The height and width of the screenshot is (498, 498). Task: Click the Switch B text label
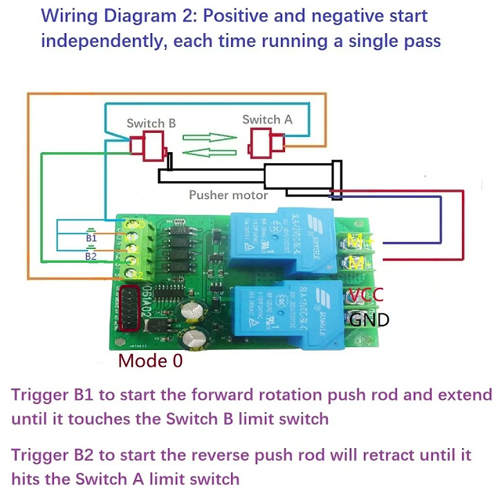[151, 124]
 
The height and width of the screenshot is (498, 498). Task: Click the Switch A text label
[267, 120]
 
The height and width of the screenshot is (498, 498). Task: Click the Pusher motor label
[228, 195]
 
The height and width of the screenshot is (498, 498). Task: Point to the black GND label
[369, 320]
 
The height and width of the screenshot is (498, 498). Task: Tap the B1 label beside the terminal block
[91, 238]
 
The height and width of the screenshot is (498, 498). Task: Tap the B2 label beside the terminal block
[91, 256]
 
